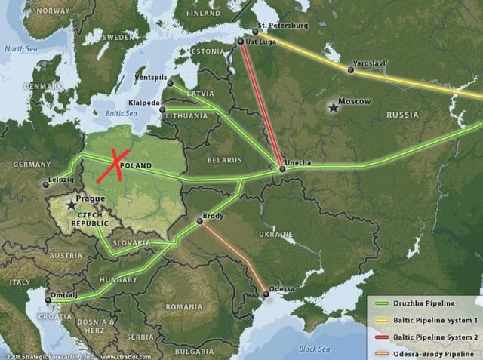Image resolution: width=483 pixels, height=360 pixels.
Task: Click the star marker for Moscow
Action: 333,109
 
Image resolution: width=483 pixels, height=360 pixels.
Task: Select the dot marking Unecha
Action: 282,168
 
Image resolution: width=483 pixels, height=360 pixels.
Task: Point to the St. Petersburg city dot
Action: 255,32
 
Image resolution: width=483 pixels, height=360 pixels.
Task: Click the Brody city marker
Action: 199,221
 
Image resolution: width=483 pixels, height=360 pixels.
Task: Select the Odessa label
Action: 281,289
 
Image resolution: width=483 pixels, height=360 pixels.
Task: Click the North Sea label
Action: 20,48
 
